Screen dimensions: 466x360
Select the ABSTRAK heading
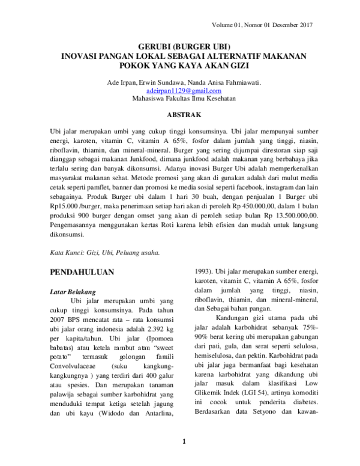click(x=179, y=114)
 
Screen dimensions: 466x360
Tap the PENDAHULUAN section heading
click(x=82, y=272)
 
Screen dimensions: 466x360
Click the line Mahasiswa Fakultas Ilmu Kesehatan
click(x=179, y=98)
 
